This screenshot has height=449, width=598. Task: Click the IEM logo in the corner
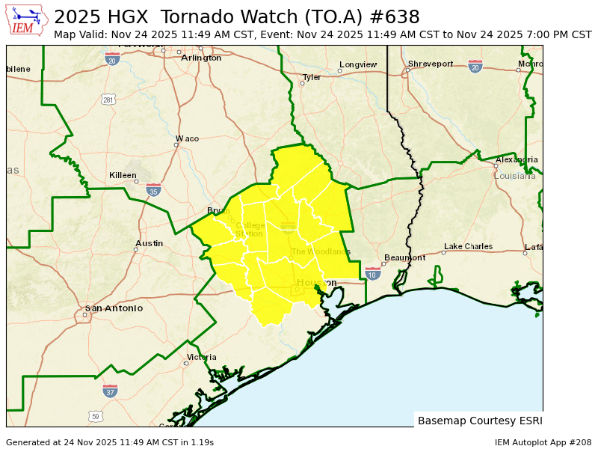pos(28,21)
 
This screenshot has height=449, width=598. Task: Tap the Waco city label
pos(187,138)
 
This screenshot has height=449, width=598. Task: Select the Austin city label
pos(149,243)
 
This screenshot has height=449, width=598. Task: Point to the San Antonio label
pos(114,308)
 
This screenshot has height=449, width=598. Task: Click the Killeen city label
pos(123,175)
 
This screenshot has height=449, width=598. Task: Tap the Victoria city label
pos(202,357)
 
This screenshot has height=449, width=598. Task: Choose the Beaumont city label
pos(404,257)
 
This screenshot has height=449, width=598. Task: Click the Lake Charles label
pos(468,246)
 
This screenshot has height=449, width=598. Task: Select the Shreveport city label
pos(431,64)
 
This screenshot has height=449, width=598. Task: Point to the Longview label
pos(358,64)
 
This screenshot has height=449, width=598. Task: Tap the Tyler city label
pos(312,77)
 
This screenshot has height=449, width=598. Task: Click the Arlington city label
pos(201,58)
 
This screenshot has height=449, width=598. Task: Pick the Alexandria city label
pos(517,159)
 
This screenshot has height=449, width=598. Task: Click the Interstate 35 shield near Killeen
pos(153,190)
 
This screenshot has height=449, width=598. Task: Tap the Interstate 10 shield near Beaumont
pos(372,274)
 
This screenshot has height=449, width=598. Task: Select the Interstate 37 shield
pos(110,391)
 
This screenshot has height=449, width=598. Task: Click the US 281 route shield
pos(109,100)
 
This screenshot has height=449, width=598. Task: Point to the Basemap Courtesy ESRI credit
pos(479,421)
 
